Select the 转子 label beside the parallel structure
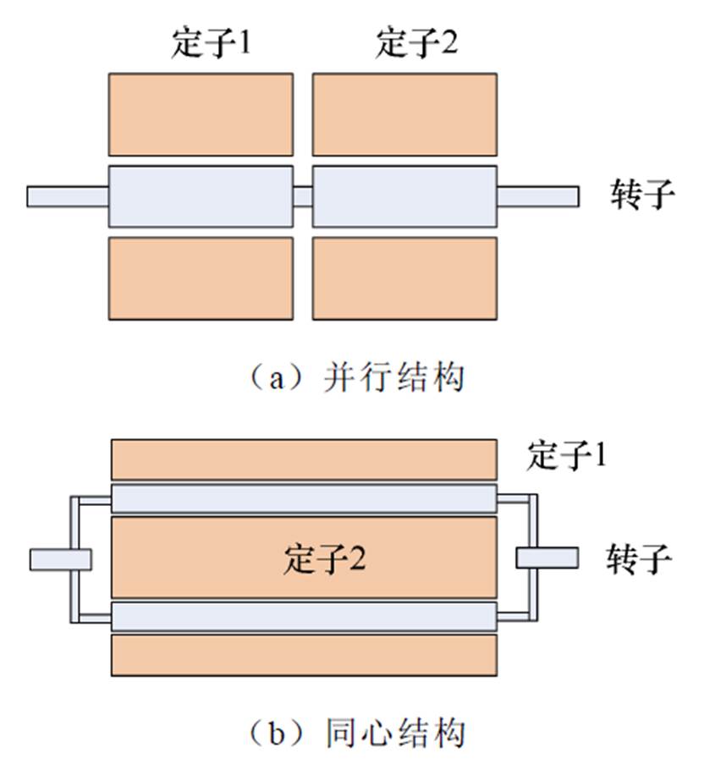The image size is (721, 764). (x=643, y=195)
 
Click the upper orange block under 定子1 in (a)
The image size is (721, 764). (x=201, y=114)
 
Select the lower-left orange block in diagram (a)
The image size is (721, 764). (x=201, y=278)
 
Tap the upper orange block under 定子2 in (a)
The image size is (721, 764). (x=405, y=114)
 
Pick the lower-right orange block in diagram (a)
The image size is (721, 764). (x=405, y=278)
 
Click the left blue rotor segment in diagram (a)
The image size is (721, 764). (x=201, y=196)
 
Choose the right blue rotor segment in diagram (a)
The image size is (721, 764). (x=405, y=196)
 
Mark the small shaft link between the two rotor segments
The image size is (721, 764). (x=303, y=196)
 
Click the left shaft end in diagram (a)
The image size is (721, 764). (x=68, y=196)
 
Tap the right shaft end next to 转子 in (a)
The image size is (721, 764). (x=537, y=196)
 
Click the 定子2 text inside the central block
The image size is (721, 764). (x=325, y=560)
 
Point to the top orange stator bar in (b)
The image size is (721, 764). (x=304, y=459)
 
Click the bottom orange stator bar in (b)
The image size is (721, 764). (x=304, y=655)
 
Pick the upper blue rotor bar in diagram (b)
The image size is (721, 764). (x=304, y=499)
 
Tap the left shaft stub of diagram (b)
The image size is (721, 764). (x=60, y=559)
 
